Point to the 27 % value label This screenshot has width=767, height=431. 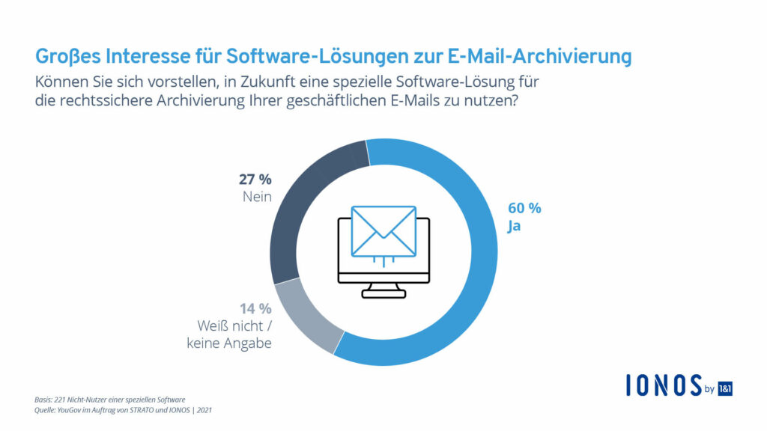254,179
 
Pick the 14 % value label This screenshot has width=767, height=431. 254,308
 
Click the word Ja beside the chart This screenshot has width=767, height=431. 514,226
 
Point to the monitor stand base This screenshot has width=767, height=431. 383,293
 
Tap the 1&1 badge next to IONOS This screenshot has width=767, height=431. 725,387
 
